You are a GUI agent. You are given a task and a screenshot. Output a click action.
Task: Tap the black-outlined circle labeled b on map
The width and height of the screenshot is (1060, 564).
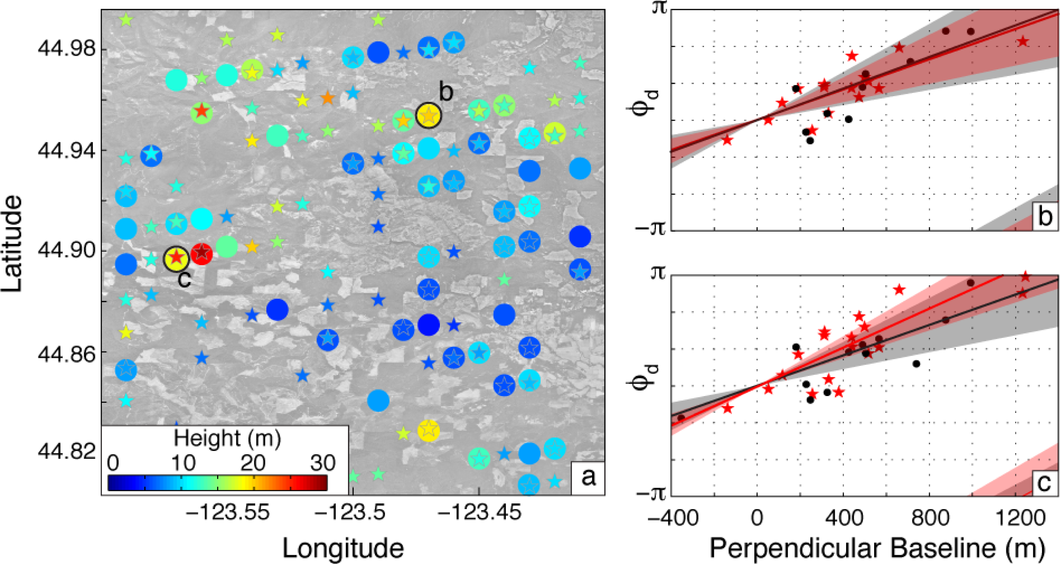tap(428, 115)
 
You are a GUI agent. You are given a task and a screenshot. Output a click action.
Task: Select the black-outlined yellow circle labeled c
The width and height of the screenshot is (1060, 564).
tap(176, 259)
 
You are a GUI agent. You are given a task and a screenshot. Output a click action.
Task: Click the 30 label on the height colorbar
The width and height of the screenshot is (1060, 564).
tap(323, 463)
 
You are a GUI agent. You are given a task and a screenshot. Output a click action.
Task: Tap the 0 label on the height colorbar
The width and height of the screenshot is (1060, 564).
tap(113, 463)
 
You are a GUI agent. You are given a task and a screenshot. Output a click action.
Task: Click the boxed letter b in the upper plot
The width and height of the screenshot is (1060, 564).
tap(1045, 216)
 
